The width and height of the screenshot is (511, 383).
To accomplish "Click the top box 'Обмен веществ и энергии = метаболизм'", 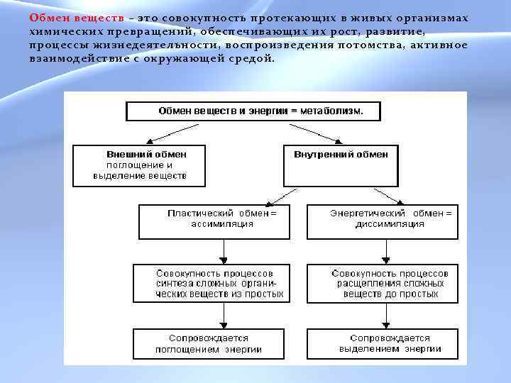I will tap(253, 111).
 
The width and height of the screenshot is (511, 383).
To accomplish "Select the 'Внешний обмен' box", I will tap(139, 166).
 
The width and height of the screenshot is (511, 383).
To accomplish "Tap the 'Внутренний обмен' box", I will tap(341, 166).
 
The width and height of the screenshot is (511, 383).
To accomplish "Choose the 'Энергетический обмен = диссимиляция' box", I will tap(382, 221).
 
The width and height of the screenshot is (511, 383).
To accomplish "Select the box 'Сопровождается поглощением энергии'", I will tap(212, 344).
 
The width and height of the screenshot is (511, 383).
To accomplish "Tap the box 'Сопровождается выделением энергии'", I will tap(382, 344).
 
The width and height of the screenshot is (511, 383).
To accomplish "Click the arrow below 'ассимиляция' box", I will tap(223, 251).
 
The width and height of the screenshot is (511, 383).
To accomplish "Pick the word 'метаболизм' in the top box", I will tap(333, 111).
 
